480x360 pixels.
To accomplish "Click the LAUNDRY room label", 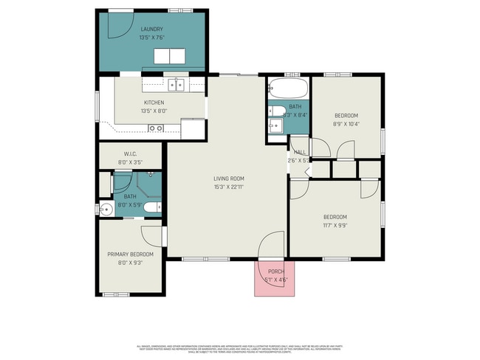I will [x=151, y=30].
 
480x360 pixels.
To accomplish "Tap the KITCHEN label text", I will [x=154, y=103].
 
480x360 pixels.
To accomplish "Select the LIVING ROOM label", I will [x=228, y=179].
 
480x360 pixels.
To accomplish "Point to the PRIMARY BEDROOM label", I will [x=131, y=255].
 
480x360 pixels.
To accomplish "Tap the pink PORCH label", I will [x=275, y=271].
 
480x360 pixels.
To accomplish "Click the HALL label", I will [x=300, y=152].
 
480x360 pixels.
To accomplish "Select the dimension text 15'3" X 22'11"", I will [x=228, y=187].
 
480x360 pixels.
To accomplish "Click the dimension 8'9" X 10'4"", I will [x=346, y=124].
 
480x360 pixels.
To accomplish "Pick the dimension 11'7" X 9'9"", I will [x=335, y=225].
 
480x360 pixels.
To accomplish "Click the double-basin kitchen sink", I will [x=176, y=84].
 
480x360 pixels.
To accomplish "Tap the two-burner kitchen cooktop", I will [x=156, y=128].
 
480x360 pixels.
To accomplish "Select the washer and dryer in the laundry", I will [x=171, y=56].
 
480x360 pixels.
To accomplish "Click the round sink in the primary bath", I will [x=105, y=208].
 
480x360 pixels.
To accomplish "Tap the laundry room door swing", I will [x=117, y=27].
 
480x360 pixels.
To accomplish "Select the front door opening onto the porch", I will [x=271, y=245].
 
